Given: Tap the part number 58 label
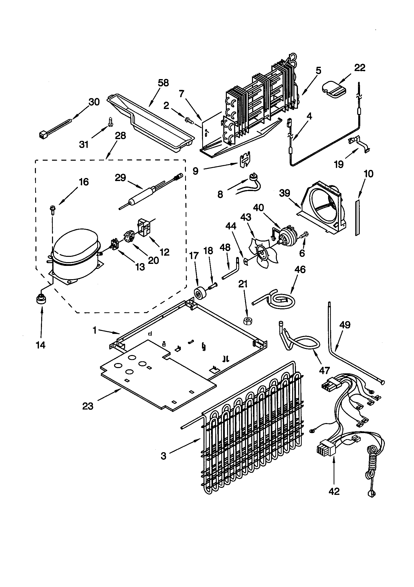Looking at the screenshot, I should [x=163, y=83].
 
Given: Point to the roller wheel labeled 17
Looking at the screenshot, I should [x=199, y=293].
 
